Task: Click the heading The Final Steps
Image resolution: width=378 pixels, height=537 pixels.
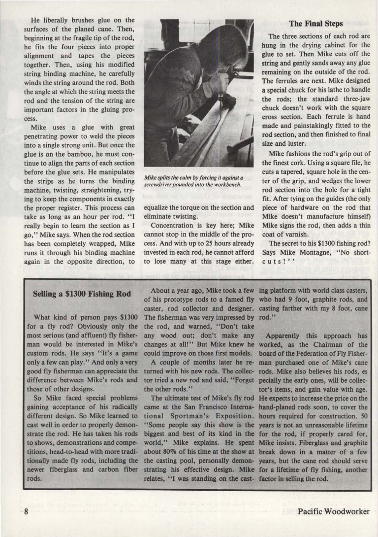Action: [315, 24]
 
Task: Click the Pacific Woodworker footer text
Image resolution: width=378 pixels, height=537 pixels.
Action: [333, 511]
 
